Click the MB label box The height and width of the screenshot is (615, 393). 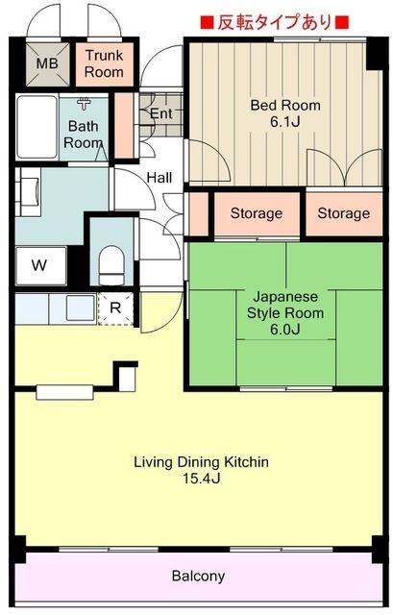pos(46,65)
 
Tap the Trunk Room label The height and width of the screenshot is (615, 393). pos(103,65)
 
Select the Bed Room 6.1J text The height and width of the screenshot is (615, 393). pos(284,113)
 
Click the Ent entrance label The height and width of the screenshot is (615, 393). pos(160,112)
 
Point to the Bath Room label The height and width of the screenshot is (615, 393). pos(84,134)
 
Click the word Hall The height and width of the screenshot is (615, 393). pos(160,177)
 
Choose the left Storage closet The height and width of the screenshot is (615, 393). pos(256,213)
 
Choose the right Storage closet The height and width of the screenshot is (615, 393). pos(343,213)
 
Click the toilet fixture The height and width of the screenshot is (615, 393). pos(113,262)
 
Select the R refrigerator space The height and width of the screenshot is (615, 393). pos(115,308)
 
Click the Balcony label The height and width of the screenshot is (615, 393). pos(198,577)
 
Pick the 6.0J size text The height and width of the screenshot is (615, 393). pos(284,330)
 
